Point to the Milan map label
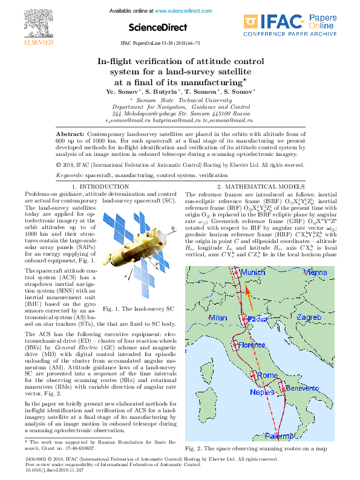coord(218,317)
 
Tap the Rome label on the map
coord(267,375)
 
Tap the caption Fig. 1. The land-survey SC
coord(139,309)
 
